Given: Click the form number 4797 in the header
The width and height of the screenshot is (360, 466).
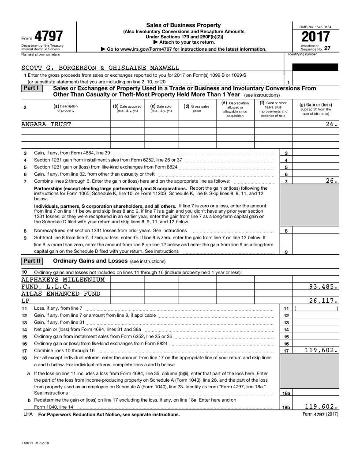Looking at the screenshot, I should click(49, 36).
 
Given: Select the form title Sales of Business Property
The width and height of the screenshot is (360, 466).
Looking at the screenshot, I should click(183, 25).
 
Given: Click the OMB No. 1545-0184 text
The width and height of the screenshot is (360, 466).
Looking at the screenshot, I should click(315, 27).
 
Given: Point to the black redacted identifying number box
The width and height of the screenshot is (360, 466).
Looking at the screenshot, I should click(315, 67).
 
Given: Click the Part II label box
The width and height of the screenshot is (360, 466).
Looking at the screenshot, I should click(32, 261).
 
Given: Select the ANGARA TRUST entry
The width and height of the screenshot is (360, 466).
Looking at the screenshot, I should click(46, 124).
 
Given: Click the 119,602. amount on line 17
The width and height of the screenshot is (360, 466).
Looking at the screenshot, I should click(321, 350).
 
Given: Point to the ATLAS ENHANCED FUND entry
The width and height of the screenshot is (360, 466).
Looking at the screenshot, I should click(61, 293).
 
